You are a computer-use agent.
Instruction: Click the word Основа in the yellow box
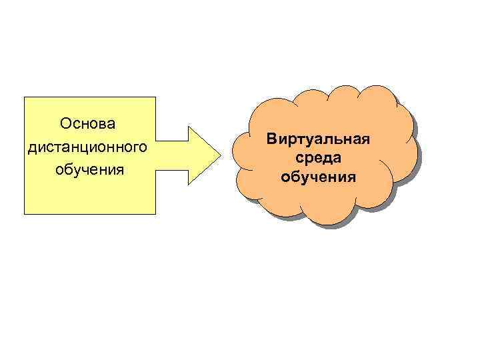click(87, 124)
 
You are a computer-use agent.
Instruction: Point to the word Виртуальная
click(317, 140)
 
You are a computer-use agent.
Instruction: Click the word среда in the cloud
click(318, 159)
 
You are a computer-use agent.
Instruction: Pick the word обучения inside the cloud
click(318, 177)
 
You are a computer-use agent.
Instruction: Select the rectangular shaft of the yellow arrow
click(172, 155)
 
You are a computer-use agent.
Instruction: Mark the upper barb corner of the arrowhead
click(189, 127)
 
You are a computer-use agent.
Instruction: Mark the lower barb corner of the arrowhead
click(189, 185)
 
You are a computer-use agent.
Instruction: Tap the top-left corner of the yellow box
click(25, 97)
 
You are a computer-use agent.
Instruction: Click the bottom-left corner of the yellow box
click(25, 213)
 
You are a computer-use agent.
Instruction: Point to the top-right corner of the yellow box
click(155, 97)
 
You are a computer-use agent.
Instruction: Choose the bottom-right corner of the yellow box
click(155, 213)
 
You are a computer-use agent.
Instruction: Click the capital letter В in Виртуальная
click(270, 140)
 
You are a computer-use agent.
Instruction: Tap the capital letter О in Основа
click(65, 124)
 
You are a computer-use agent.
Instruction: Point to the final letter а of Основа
click(111, 125)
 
